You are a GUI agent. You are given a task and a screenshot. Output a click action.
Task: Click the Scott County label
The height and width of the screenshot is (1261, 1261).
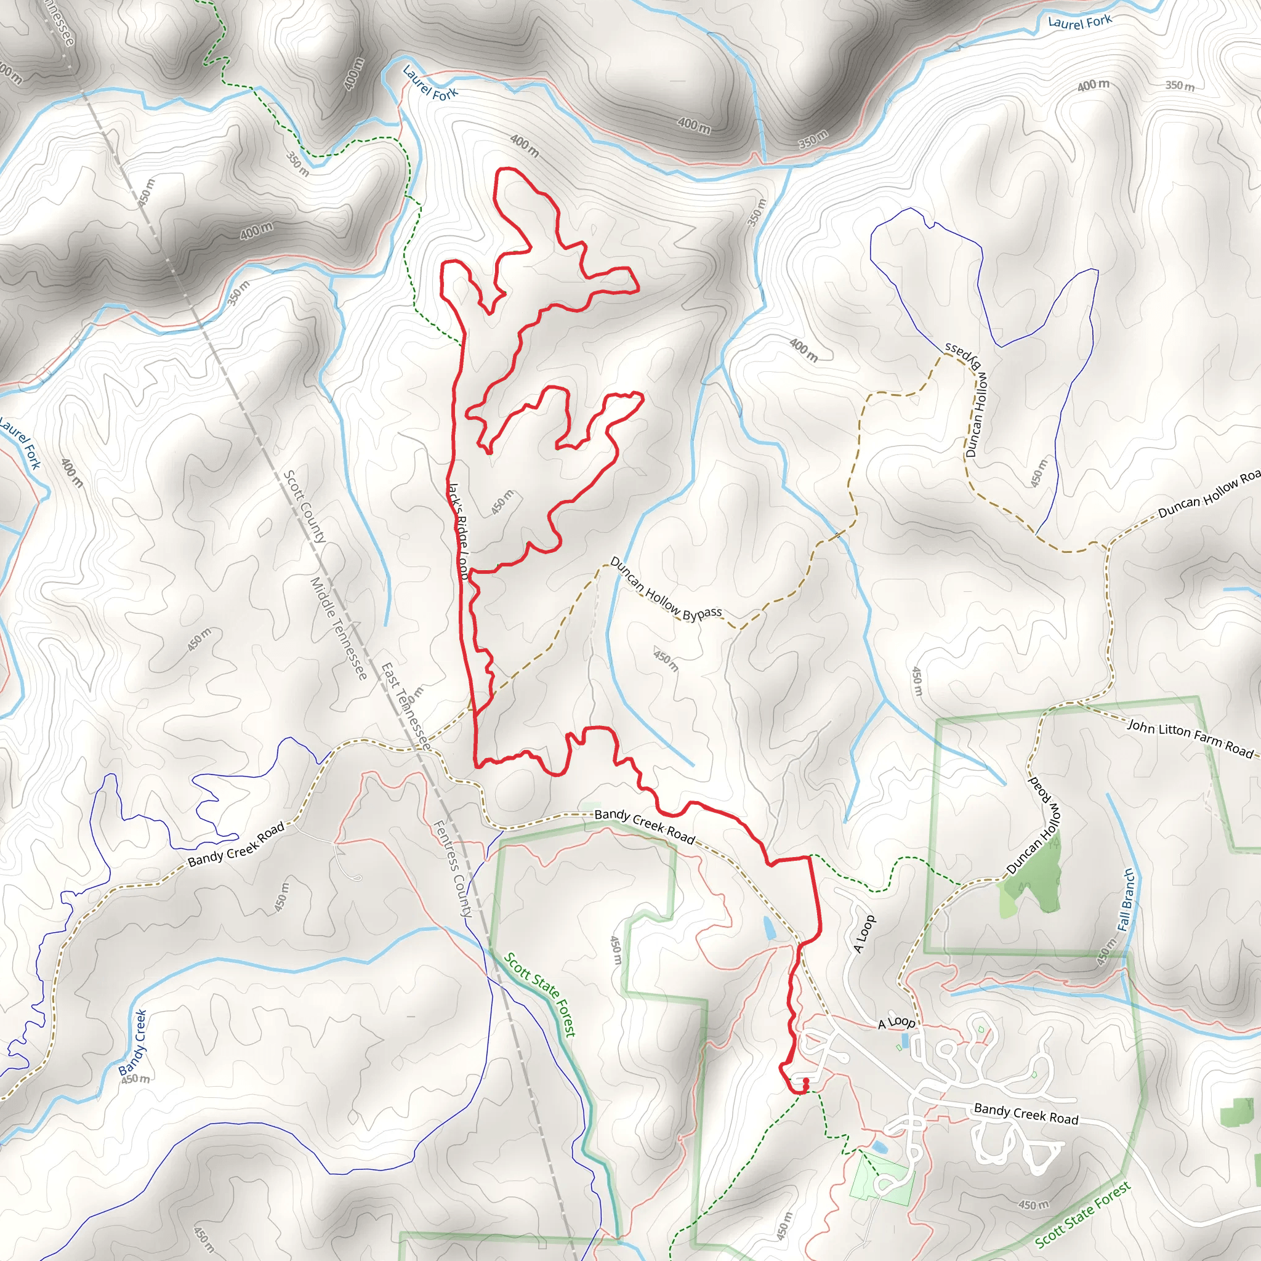[x=305, y=507]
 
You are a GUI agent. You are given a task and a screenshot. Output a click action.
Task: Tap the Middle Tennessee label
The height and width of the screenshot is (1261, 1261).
[x=338, y=628]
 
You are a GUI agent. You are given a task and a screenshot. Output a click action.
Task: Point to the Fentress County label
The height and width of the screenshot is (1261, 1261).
[x=453, y=869]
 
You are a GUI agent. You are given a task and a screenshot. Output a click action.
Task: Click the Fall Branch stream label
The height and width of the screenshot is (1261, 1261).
[x=1126, y=900]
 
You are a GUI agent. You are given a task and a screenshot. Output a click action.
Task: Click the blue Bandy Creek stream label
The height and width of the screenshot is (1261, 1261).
[x=132, y=1042]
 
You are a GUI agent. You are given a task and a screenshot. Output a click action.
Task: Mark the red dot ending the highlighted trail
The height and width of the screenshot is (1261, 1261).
[x=806, y=1081]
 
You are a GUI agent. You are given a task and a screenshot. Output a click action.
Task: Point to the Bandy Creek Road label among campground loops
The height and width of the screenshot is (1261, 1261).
[x=1025, y=1113]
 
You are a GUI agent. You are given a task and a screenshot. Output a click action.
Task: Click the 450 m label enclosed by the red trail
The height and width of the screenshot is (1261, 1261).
[x=502, y=502]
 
